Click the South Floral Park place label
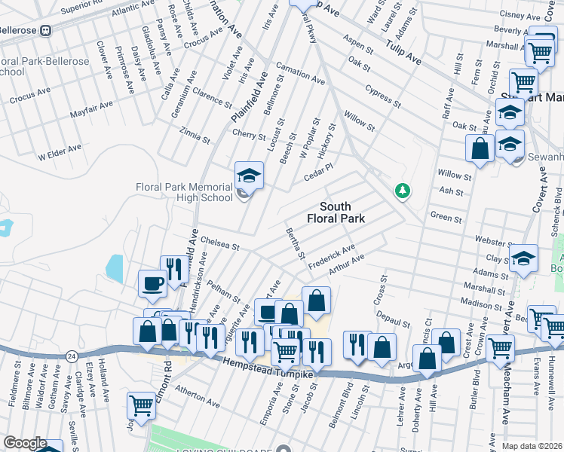coord(336,212)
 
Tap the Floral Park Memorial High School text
coord(184,192)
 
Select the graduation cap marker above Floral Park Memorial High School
coord(249,176)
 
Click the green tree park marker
coord(403,191)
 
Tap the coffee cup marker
coord(153,285)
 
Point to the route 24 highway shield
coord(72,354)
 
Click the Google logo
coord(25,443)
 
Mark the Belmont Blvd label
coord(346,402)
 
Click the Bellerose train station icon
coord(46,30)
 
